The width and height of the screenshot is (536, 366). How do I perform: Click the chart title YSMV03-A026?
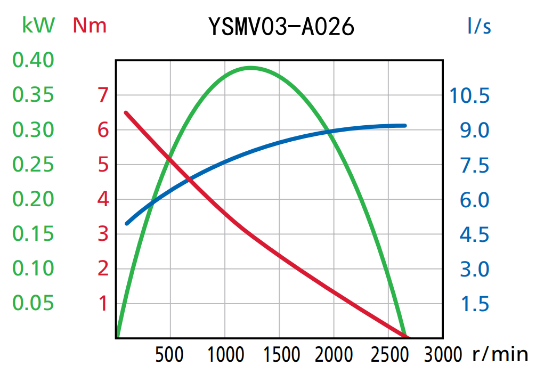pos(281,26)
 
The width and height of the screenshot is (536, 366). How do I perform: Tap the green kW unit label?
pos(38,25)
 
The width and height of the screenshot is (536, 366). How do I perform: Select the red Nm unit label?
pos(90,25)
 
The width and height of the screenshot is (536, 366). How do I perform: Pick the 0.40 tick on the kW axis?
pos(34,60)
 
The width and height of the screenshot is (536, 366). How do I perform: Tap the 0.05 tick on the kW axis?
pos(34,303)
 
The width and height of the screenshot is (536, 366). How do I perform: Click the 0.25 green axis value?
pos(34,165)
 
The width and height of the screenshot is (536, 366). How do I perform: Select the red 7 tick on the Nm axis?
pos(103,95)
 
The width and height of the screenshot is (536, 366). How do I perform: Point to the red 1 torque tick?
pos(103,304)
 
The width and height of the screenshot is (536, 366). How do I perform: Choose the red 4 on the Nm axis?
pos(103,200)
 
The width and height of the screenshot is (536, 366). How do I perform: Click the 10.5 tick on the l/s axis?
pos(469,96)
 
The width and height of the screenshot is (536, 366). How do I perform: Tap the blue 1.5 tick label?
pos(474,304)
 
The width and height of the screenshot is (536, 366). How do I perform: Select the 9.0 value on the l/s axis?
pos(474,130)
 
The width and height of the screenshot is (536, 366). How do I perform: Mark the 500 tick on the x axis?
pos(170,354)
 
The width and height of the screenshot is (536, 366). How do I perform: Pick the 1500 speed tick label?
pos(279,354)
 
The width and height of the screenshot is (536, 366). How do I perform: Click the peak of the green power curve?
pos(250,68)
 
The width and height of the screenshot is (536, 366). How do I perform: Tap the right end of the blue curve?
pos(405,126)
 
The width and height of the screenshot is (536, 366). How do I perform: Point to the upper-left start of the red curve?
pos(126,113)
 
